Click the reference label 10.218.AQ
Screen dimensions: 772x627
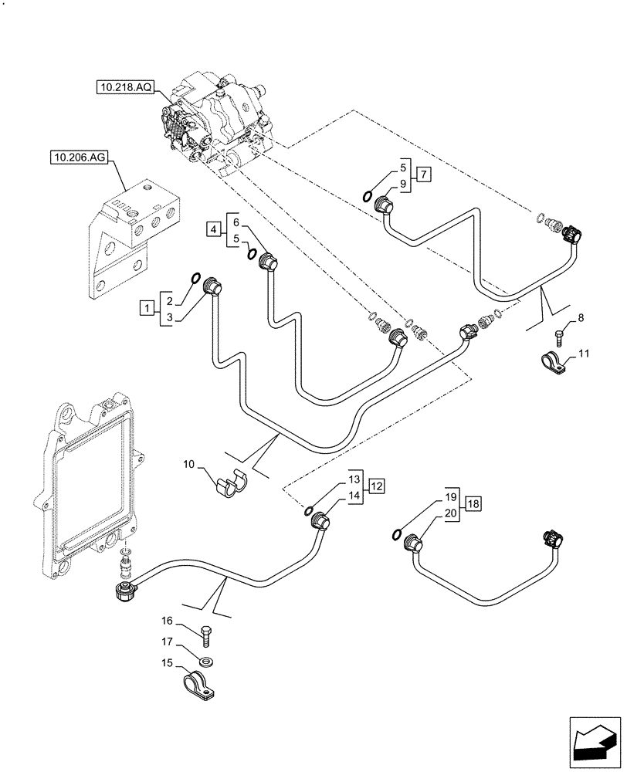(x=125, y=89)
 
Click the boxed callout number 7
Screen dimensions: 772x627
(x=425, y=174)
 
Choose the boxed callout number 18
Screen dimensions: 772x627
(x=473, y=504)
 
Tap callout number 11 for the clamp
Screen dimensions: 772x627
(x=584, y=354)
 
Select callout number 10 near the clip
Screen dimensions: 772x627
(x=188, y=465)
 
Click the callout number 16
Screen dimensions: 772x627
(x=166, y=620)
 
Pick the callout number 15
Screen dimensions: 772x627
(x=166, y=662)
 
